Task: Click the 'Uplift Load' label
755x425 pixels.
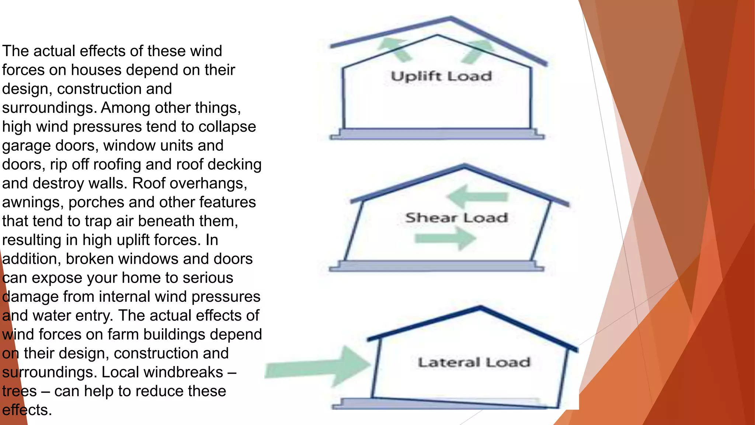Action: coord(441,76)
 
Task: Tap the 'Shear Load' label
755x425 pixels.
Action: coord(456,218)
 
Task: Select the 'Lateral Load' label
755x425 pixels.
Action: coord(474,362)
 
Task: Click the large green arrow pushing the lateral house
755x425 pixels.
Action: coord(321,367)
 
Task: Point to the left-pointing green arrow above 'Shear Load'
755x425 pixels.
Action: coord(477,197)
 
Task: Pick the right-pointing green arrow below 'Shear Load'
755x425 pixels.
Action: coord(446,238)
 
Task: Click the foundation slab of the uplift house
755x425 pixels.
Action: coord(437,134)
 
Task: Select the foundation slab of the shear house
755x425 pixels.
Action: coord(436,266)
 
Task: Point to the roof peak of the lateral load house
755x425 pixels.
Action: coord(480,308)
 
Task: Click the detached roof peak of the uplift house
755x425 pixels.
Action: coord(450,18)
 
